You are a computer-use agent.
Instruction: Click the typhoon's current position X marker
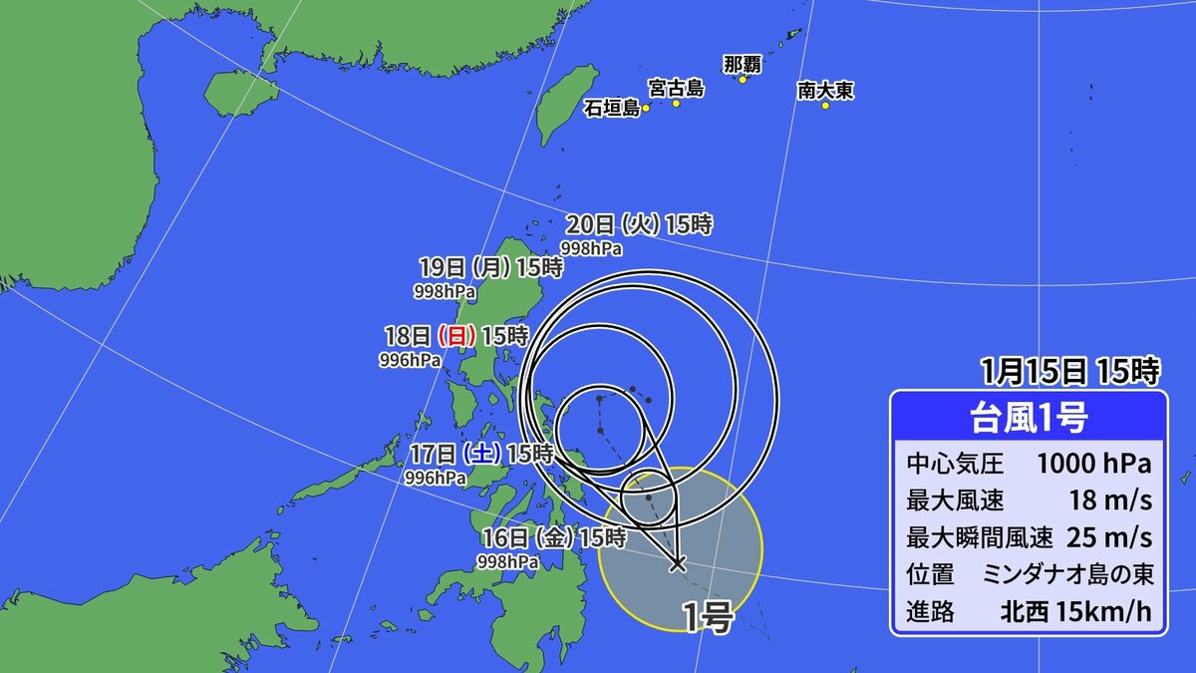[678, 563]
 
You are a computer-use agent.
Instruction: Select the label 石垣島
[612, 108]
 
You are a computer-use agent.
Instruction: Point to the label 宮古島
[676, 89]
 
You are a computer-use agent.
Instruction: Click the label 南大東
[825, 91]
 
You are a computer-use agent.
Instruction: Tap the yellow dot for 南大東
[825, 106]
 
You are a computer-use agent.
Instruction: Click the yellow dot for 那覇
[743, 79]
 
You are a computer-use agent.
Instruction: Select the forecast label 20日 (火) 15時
[639, 224]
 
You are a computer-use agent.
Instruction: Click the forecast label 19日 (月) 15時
[490, 267]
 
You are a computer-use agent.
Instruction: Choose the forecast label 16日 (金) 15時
[552, 537]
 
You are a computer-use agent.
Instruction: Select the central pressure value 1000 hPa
[1093, 464]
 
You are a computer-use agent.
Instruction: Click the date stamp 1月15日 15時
[1069, 372]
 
